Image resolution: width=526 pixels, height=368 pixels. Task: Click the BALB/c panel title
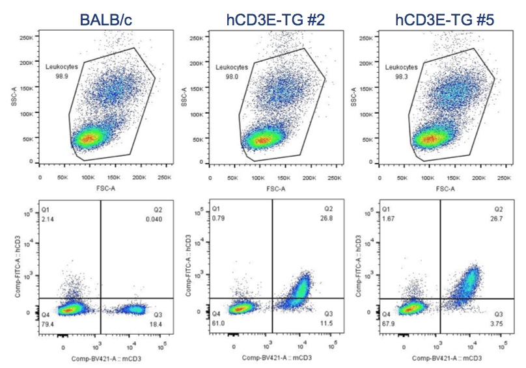pyautogui.click(x=105, y=20)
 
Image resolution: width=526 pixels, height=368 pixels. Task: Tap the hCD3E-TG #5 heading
pyautogui.click(x=445, y=20)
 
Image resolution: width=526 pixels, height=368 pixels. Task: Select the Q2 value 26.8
pyautogui.click(x=333, y=218)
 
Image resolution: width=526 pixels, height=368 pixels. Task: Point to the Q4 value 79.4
pyautogui.click(x=48, y=323)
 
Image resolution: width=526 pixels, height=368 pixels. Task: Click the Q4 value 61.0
pyautogui.click(x=218, y=323)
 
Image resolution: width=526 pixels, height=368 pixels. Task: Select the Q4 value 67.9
pyautogui.click(x=387, y=323)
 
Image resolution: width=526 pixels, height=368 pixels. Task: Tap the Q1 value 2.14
pyautogui.click(x=48, y=220)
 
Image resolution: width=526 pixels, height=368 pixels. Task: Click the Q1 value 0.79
pyautogui.click(x=218, y=219)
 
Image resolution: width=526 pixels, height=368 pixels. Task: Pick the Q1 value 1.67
pyautogui.click(x=387, y=219)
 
